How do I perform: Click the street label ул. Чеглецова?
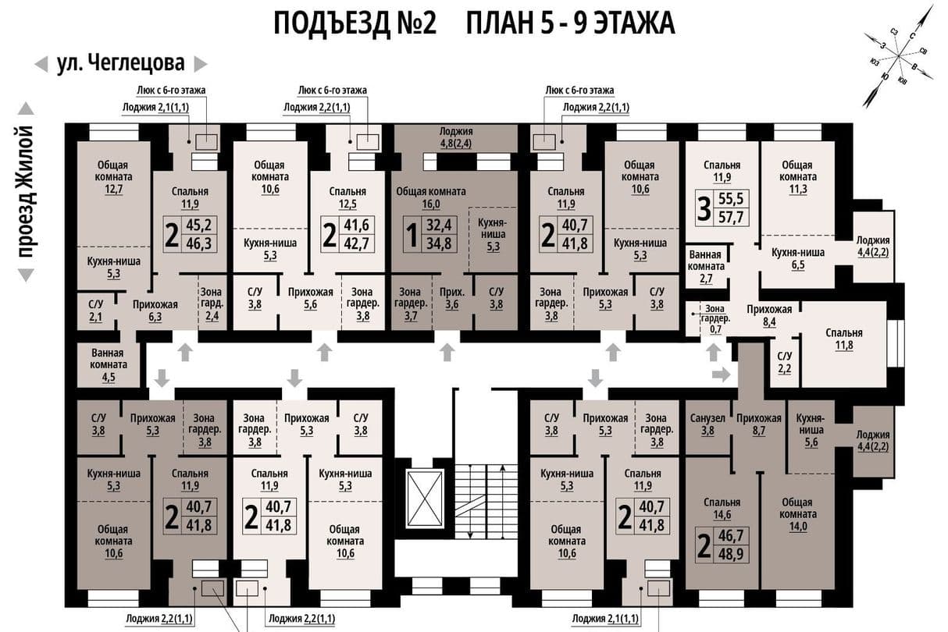click(x=120, y=64)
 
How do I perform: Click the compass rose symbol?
click(x=899, y=55)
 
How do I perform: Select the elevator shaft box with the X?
click(x=424, y=499)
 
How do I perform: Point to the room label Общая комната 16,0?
click(x=431, y=197)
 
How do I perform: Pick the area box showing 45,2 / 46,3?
click(x=190, y=235)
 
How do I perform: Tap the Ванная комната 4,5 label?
click(x=108, y=364)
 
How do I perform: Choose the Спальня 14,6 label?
click(x=722, y=508)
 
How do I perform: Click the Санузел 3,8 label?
click(x=707, y=424)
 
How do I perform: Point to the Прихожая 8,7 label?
click(x=759, y=424)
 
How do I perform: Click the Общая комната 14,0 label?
click(x=798, y=514)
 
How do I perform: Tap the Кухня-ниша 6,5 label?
click(x=798, y=259)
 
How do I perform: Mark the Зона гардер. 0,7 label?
click(x=715, y=319)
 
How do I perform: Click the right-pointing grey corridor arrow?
click(x=722, y=374)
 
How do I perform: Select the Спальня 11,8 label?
click(x=844, y=339)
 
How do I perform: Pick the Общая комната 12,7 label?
click(x=113, y=176)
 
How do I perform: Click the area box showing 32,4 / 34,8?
click(x=430, y=235)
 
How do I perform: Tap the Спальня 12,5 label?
click(x=347, y=198)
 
